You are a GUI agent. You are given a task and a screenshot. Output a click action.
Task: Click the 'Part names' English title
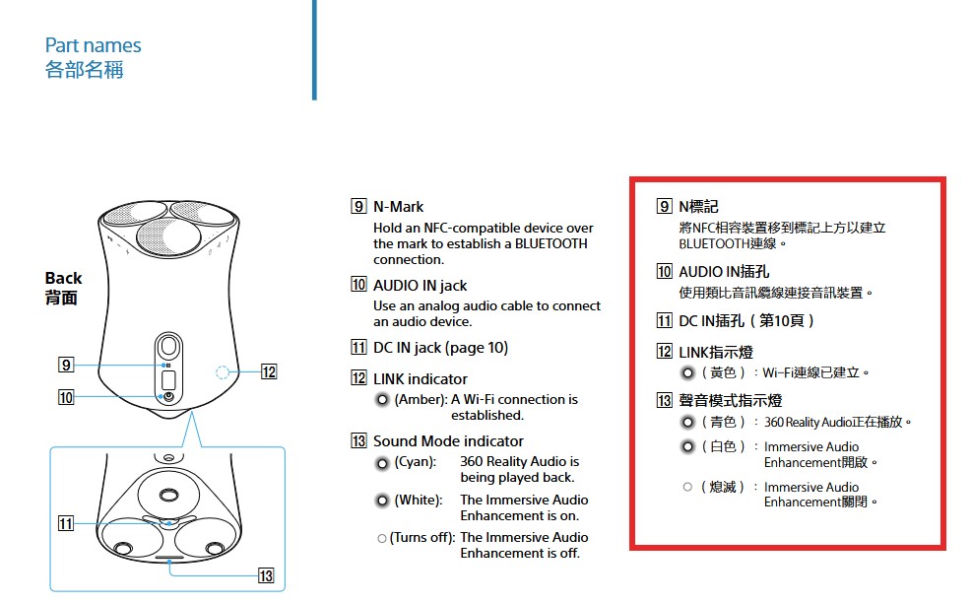(93, 45)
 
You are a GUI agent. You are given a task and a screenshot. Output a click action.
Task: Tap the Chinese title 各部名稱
(85, 69)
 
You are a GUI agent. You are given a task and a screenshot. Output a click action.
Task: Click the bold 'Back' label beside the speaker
(63, 278)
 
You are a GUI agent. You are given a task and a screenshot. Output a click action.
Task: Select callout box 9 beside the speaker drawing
(66, 365)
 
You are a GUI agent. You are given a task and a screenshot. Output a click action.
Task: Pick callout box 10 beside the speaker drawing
(66, 397)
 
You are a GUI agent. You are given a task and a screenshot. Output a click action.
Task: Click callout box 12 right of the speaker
(268, 371)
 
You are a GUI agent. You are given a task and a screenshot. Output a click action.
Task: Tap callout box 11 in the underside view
(66, 523)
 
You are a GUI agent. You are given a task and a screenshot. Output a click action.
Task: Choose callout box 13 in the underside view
(266, 575)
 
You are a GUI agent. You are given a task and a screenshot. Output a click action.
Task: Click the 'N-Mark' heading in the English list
(398, 206)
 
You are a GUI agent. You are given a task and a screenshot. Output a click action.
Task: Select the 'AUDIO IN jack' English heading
(420, 285)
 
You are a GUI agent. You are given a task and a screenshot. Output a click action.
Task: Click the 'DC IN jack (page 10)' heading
(440, 348)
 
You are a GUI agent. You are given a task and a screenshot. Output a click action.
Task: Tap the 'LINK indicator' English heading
(420, 378)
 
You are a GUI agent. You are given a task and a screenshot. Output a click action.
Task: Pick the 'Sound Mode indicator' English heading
(448, 440)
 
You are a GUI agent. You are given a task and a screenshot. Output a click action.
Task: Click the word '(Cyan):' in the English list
(415, 462)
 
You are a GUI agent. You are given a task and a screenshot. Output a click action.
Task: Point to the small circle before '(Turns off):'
(382, 539)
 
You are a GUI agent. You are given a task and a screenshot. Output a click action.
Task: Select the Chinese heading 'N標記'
(698, 206)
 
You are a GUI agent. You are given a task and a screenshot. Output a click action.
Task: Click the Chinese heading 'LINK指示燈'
(716, 352)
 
